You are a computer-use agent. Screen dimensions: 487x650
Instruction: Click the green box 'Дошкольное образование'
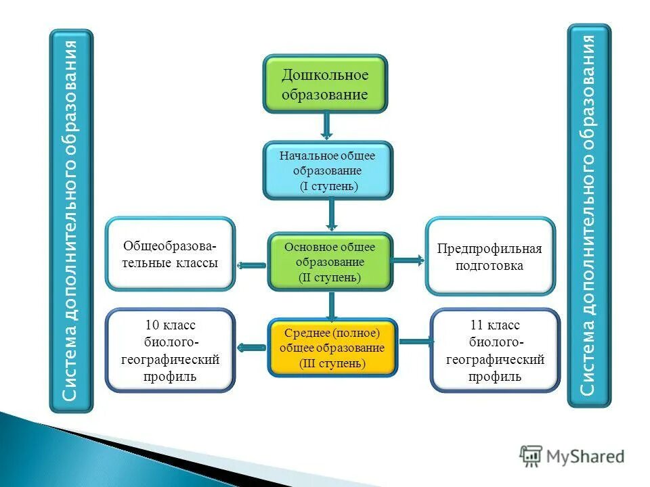coord(325,84)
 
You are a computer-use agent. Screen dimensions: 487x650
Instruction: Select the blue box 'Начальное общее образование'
coord(327,170)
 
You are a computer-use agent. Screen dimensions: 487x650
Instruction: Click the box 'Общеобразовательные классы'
coord(170,254)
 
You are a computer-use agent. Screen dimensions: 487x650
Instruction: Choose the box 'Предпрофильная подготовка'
coord(490,256)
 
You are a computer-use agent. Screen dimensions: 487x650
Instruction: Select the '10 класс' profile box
coord(170,350)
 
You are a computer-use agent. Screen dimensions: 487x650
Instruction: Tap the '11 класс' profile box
coord(495,350)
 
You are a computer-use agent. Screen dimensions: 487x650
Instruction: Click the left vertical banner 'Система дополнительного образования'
coord(71,221)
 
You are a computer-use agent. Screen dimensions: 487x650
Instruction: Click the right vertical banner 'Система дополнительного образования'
coord(588,216)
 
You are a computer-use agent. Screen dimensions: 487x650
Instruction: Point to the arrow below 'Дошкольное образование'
coord(326,126)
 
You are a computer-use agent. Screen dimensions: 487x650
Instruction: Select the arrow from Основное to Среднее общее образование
coord(331,305)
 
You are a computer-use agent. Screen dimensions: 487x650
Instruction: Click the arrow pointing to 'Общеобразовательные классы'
coord(252,266)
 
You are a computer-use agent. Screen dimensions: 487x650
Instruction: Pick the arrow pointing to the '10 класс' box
coord(252,347)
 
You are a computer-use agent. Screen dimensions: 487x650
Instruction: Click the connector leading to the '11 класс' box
coord(414,342)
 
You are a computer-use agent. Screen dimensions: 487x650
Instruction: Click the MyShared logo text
coord(585,457)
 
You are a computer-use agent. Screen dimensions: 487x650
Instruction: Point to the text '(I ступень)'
coord(328,185)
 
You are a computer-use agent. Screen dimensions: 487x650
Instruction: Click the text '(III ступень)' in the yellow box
coord(332,363)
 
